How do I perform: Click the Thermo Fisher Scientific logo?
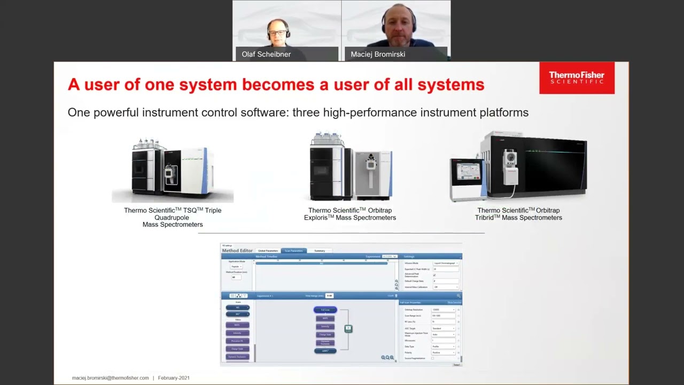click(577, 78)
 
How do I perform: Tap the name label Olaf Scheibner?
click(266, 54)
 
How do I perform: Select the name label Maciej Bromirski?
click(378, 54)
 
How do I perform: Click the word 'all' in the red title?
click(409, 84)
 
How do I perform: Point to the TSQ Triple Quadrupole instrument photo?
click(173, 168)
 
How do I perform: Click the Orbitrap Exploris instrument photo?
click(351, 166)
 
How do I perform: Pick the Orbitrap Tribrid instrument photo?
click(518, 166)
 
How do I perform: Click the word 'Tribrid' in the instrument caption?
click(488, 218)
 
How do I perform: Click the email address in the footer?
click(111, 378)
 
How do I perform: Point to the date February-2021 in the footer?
click(174, 378)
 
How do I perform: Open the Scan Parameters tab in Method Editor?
click(293, 251)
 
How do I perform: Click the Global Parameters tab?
click(268, 251)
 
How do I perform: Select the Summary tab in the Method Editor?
click(320, 251)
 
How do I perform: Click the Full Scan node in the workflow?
click(325, 310)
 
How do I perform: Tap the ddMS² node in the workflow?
click(325, 351)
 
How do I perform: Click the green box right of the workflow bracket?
click(348, 328)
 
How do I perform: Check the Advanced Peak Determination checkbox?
click(434, 275)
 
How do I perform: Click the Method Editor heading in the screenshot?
click(237, 250)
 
